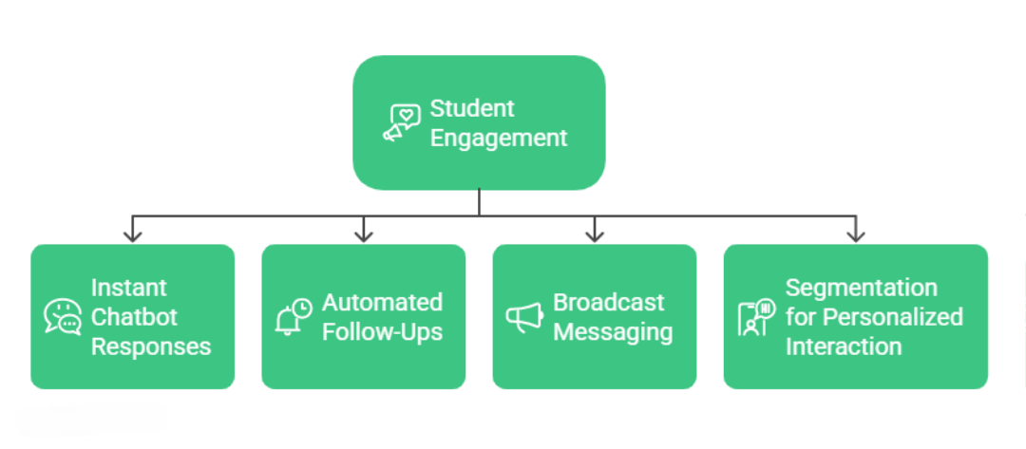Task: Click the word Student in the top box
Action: tap(472, 108)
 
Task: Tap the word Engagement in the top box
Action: tap(498, 138)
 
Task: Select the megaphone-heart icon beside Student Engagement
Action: tap(402, 123)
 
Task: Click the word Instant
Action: tap(128, 288)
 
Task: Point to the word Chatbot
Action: tap(134, 317)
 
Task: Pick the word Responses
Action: tap(150, 346)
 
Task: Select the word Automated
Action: tap(382, 303)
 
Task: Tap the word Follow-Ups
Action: tap(382, 332)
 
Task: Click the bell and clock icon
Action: tap(293, 317)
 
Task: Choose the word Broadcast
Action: tap(609, 303)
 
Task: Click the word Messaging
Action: tap(613, 332)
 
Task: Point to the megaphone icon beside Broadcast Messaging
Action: tap(523, 318)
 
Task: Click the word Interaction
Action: tap(843, 346)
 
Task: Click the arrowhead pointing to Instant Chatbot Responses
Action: tap(133, 234)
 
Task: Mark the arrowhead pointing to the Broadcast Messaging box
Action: tap(594, 234)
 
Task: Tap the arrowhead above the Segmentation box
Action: tap(855, 234)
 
